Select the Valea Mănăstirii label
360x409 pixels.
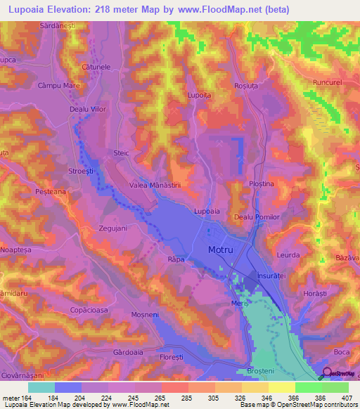coord(156,185)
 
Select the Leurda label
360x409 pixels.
coord(288,256)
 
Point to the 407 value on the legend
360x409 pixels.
coord(346,399)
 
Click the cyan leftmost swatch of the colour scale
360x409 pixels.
coord(41,387)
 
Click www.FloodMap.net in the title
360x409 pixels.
coord(222,11)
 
